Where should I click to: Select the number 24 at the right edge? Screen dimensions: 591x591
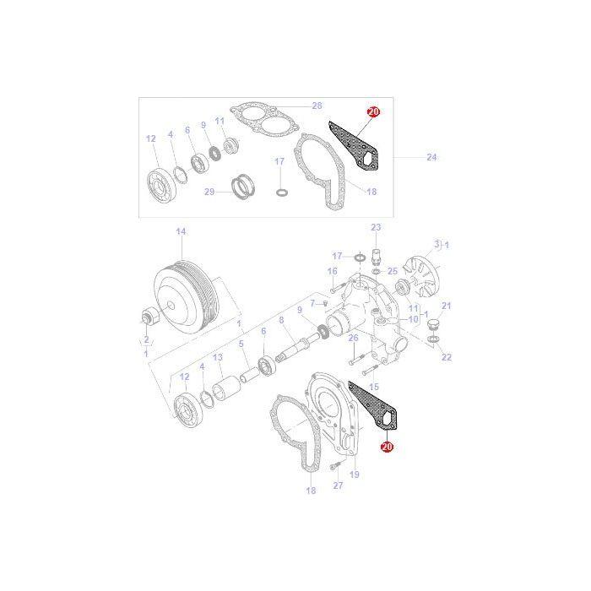[x=431, y=157]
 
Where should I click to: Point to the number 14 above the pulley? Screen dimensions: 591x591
[x=180, y=231]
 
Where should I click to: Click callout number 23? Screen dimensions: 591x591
[x=376, y=227]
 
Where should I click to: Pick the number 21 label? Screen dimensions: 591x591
[x=447, y=306]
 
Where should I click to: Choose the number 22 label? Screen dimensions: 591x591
[x=447, y=357]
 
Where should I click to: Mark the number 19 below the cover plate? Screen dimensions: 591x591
[x=354, y=475]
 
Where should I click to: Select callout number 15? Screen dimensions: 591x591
[x=374, y=386]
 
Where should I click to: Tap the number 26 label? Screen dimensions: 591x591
[x=354, y=338]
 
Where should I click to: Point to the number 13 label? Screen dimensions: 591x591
[x=217, y=358]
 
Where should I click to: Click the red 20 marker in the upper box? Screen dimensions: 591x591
[x=374, y=111]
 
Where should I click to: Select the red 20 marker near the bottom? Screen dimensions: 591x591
[x=388, y=447]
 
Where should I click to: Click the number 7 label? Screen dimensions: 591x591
[x=312, y=303]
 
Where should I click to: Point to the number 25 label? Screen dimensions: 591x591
[x=393, y=271]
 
